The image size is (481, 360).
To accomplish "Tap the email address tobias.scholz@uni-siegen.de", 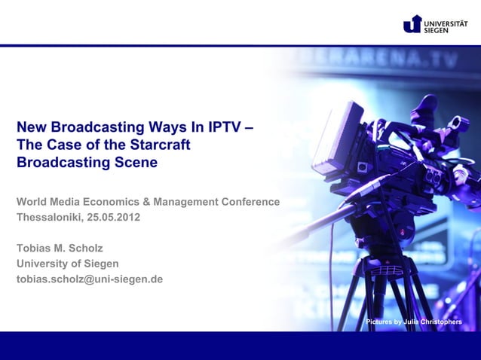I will [90, 279].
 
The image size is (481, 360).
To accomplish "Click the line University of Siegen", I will [68, 264].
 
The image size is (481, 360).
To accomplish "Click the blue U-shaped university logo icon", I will [412, 24].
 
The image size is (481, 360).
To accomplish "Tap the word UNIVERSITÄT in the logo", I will [446, 20].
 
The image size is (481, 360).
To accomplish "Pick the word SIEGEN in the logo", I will [437, 29].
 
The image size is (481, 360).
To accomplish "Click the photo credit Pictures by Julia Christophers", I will [414, 322].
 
